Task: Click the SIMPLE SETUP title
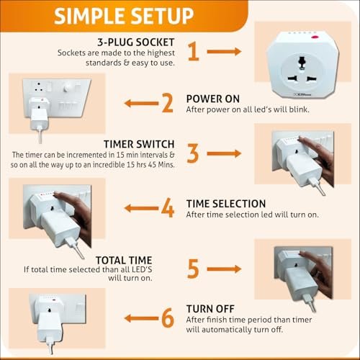pos(124,16)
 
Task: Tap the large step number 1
pos(194,51)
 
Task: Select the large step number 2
pos(167,103)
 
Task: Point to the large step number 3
pos(193,153)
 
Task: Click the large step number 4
pos(168,208)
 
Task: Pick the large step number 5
pos(193,269)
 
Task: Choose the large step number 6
pos(168,318)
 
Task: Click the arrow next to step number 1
pos(224,51)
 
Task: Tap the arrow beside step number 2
pos(141,104)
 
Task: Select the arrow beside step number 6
pos(141,318)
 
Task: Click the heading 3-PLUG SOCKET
pos(136,42)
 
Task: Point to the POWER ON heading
pos(213,99)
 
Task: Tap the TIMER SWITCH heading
pos(139,144)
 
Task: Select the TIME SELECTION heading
pos(226,204)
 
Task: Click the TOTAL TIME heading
pos(124,260)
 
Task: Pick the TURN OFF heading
pos(210,309)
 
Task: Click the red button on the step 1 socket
pos(315,37)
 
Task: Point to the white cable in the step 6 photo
pos(50,345)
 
